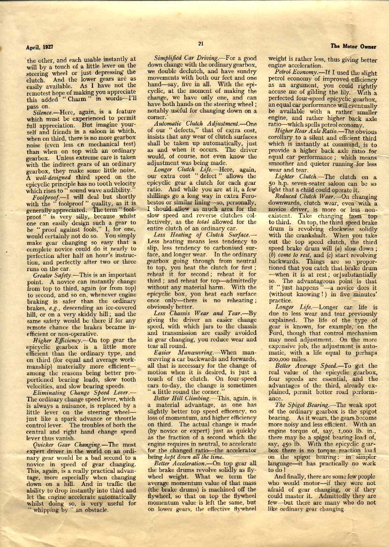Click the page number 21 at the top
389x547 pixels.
(200, 44)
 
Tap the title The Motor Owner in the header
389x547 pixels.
(354, 46)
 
